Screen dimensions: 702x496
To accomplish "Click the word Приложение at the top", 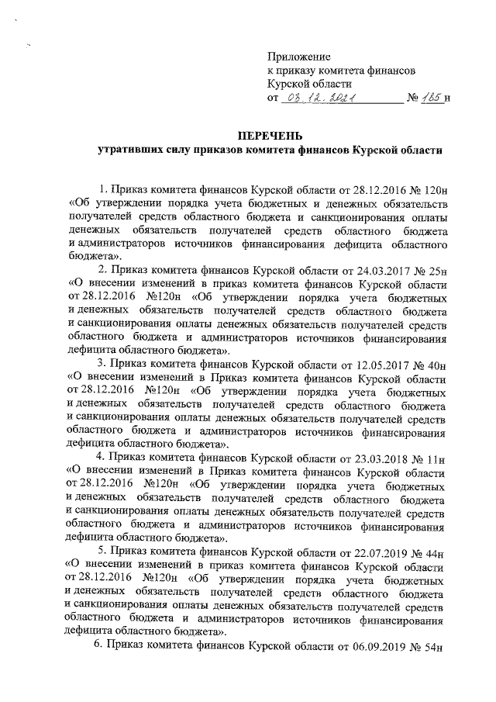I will [x=298, y=56].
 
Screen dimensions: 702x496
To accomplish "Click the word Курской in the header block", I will [x=288, y=84].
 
